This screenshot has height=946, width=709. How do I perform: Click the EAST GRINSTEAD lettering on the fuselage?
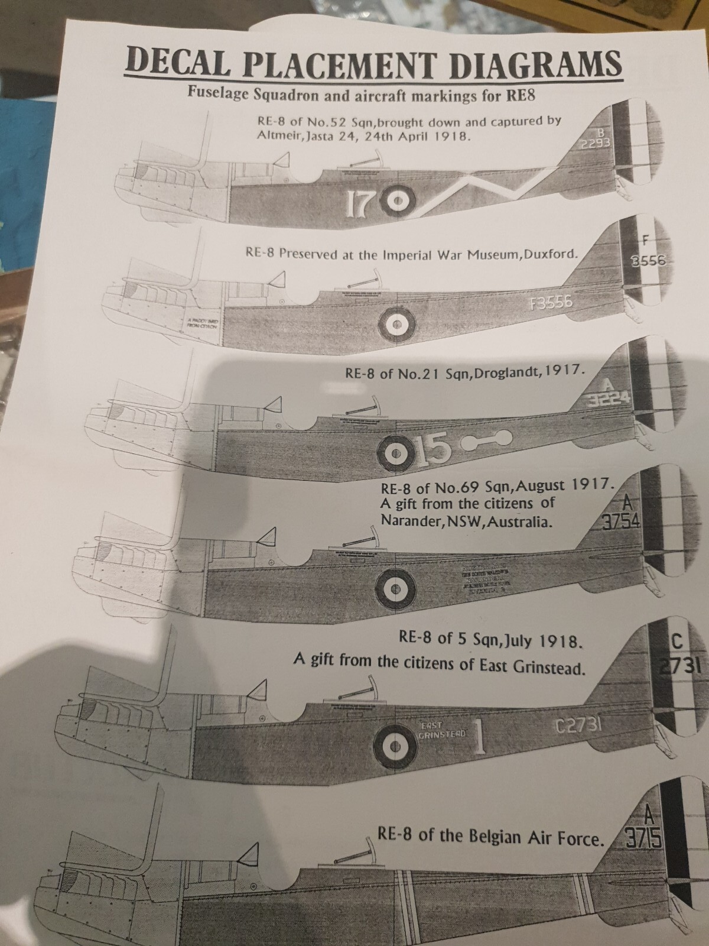[442, 731]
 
